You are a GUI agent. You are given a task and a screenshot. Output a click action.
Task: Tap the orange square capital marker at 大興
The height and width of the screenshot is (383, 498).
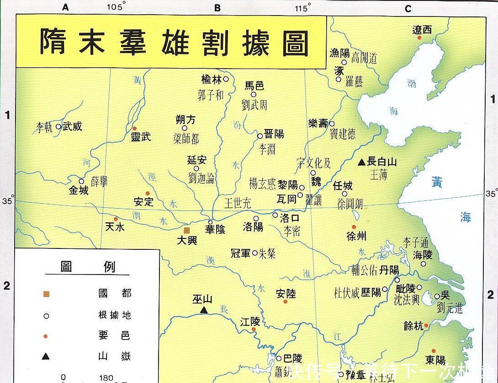point(186,231)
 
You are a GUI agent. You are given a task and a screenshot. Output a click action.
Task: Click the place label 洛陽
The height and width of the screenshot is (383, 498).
point(253,227)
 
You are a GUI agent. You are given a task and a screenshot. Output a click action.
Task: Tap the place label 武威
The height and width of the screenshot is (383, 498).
point(73,126)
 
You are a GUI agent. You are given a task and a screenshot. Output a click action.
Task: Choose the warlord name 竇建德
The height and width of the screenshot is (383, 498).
point(343,134)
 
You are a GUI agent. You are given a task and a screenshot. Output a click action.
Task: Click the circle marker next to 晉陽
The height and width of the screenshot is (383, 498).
point(260,136)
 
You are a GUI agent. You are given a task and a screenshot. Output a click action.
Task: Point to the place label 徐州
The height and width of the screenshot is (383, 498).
point(356,236)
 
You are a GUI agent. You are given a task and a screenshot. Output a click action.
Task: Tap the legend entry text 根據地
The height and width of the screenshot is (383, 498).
point(114,315)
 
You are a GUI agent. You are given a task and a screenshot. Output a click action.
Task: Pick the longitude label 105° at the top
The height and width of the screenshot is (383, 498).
point(116,7)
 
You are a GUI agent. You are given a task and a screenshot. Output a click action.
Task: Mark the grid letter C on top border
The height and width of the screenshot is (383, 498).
point(408,8)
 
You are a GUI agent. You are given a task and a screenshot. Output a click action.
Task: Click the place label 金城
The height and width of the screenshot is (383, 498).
point(79,190)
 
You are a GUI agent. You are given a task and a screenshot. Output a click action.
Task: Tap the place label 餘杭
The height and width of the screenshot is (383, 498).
point(413,326)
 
